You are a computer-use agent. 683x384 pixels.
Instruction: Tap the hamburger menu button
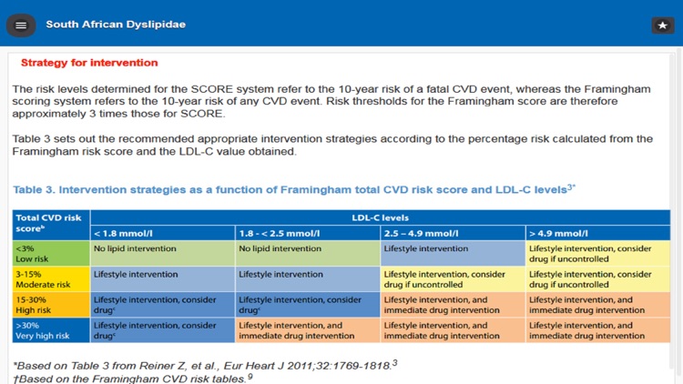coord(21,25)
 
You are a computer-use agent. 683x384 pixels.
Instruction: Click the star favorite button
coord(661,25)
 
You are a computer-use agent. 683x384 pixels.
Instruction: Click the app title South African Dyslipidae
coord(116,25)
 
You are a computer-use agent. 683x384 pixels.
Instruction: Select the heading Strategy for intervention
coord(89,63)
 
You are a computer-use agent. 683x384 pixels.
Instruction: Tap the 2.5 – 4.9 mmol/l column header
coord(422,232)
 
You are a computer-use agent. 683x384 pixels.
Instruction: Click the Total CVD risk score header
coord(50,224)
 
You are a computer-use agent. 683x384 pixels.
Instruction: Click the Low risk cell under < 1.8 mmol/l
coord(161,253)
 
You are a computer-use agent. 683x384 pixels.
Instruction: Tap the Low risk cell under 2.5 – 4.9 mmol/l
coord(452,253)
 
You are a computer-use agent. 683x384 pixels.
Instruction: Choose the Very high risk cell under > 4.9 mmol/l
coord(596,329)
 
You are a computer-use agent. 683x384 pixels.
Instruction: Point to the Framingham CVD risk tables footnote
coord(132,377)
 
